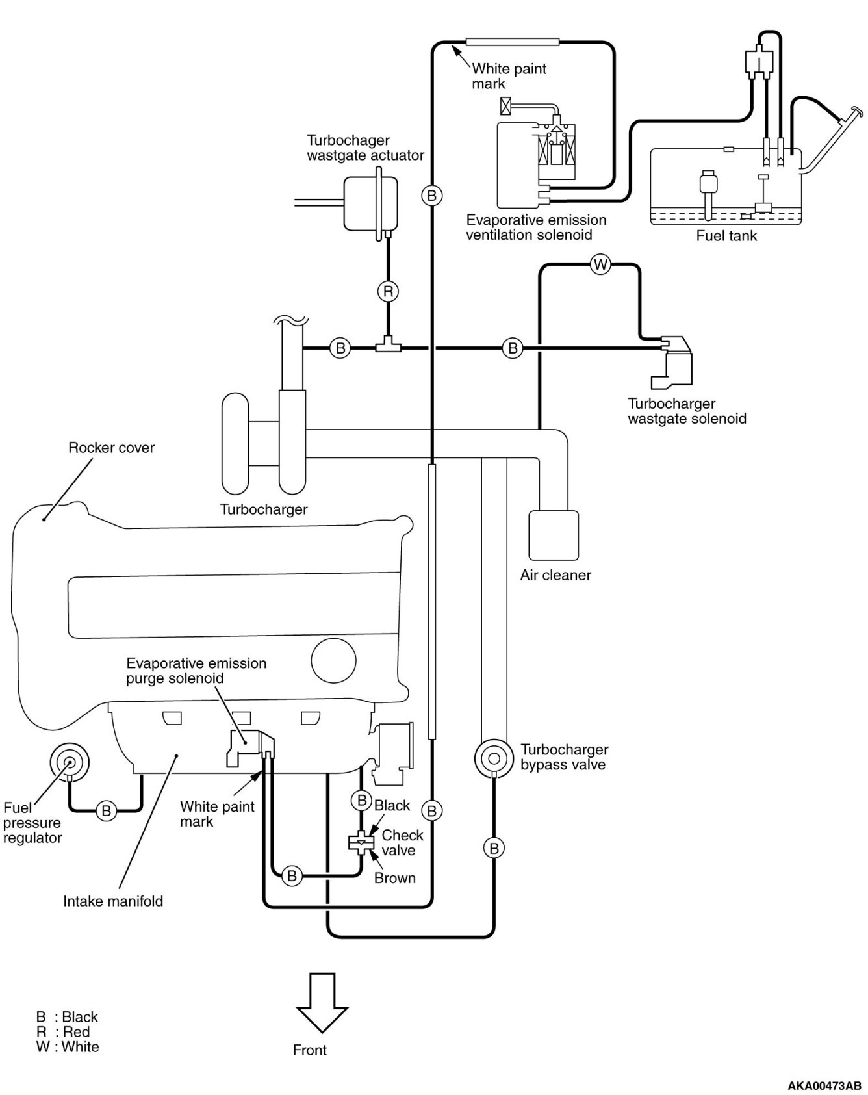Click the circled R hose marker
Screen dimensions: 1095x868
(388, 292)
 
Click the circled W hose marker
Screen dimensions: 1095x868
(600, 264)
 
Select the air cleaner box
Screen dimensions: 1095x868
(554, 535)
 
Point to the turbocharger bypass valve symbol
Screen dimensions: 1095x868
(494, 758)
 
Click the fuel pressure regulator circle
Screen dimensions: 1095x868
(69, 762)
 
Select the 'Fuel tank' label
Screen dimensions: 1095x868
(726, 236)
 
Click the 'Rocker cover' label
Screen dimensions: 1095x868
(111, 448)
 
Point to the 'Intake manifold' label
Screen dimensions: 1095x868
(113, 901)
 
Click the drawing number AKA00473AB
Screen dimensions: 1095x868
(824, 1086)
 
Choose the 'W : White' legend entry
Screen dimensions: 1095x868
(68, 1047)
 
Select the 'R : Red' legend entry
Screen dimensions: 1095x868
(63, 1032)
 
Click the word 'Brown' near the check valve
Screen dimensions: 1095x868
(395, 878)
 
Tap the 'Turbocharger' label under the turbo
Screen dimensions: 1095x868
(264, 509)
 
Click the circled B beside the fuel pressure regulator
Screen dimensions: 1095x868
(106, 810)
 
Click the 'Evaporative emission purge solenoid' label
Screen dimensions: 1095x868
(196, 671)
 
